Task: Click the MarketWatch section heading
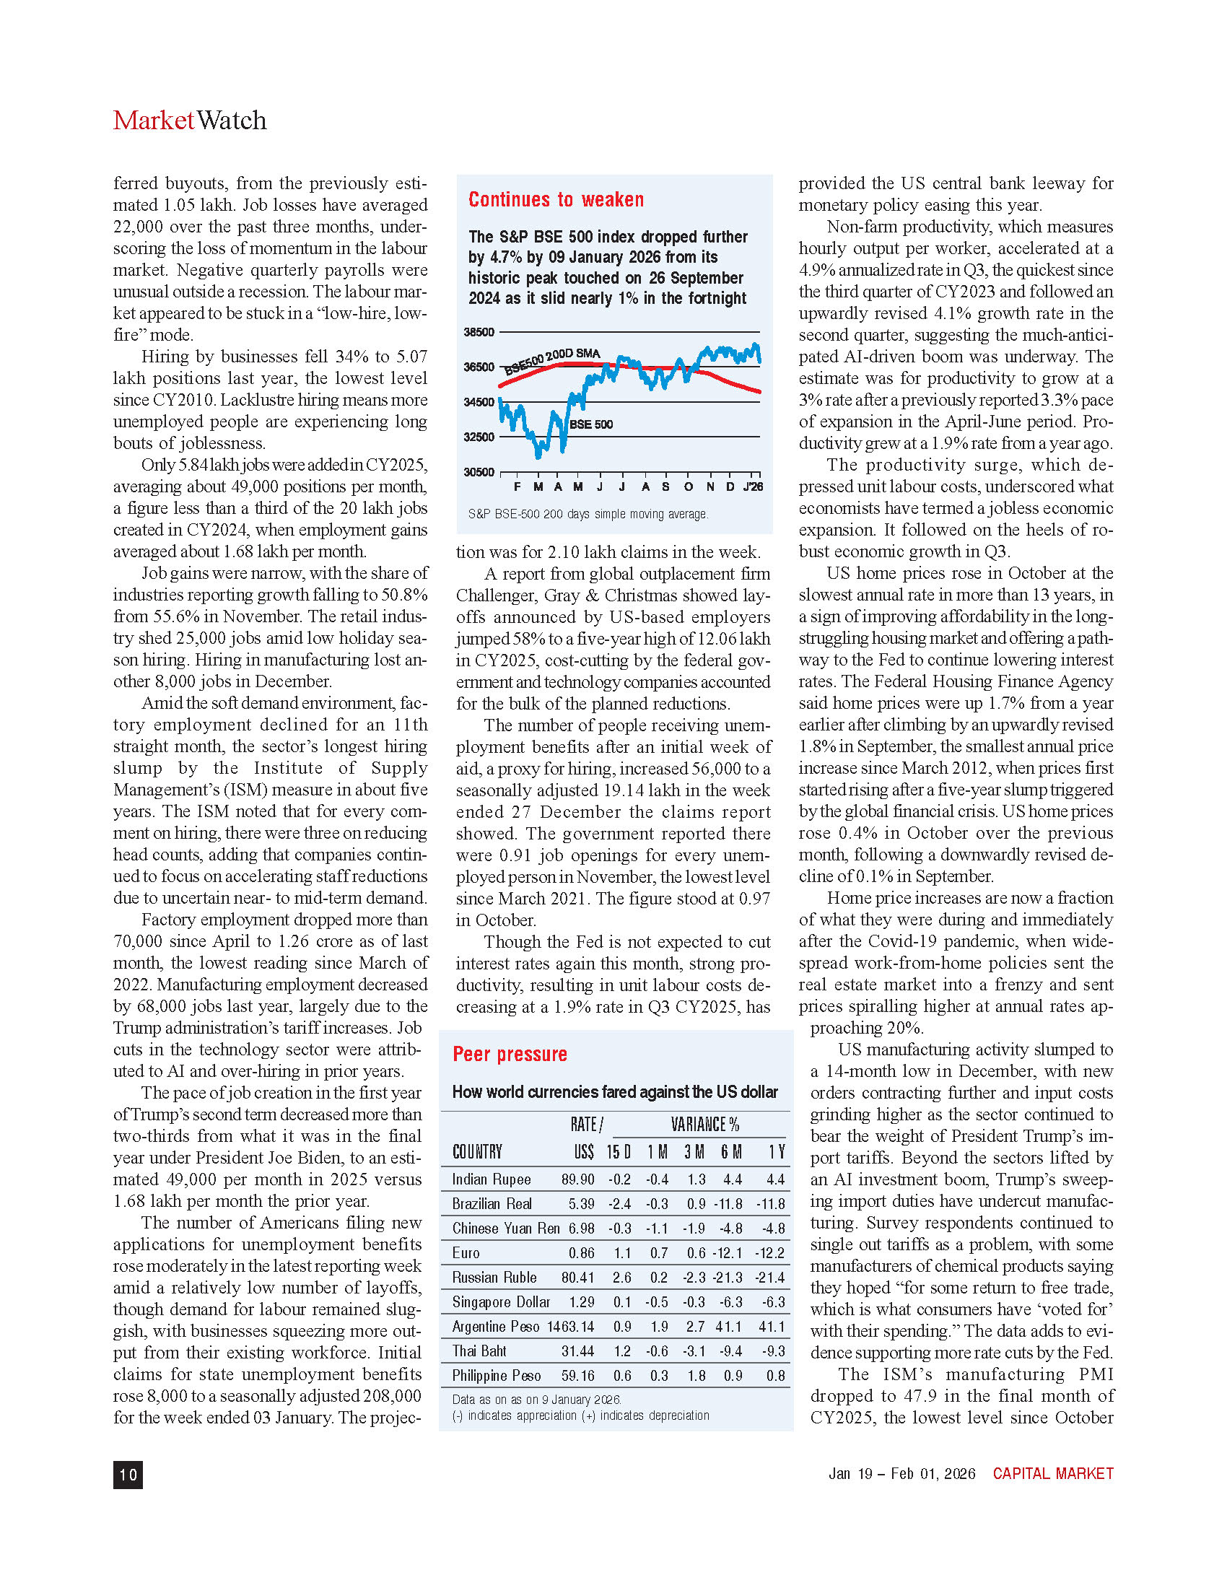[x=190, y=121]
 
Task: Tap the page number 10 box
[x=128, y=1474]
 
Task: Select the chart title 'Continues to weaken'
[x=556, y=200]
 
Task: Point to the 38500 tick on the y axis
[x=479, y=332]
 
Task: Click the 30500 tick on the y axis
[x=479, y=472]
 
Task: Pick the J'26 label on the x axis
[x=753, y=487]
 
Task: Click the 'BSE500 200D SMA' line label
[x=552, y=359]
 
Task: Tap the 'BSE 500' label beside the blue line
[x=591, y=424]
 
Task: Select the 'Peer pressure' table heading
[x=510, y=1055]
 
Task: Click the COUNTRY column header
[x=477, y=1152]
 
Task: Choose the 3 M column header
[x=694, y=1152]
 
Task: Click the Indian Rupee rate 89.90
[x=577, y=1179]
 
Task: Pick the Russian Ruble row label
[x=494, y=1278]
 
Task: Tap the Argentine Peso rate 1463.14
[x=571, y=1327]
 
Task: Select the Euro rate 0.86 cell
[x=582, y=1253]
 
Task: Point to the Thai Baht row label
[x=479, y=1351]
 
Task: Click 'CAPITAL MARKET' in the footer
[x=1052, y=1473]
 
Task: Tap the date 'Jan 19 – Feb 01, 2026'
[x=901, y=1473]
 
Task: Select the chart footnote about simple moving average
[x=588, y=514]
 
